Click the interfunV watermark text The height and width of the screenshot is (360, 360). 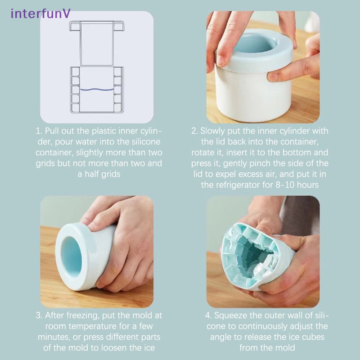(x=40, y=13)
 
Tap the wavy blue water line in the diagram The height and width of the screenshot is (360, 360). (x=97, y=90)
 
